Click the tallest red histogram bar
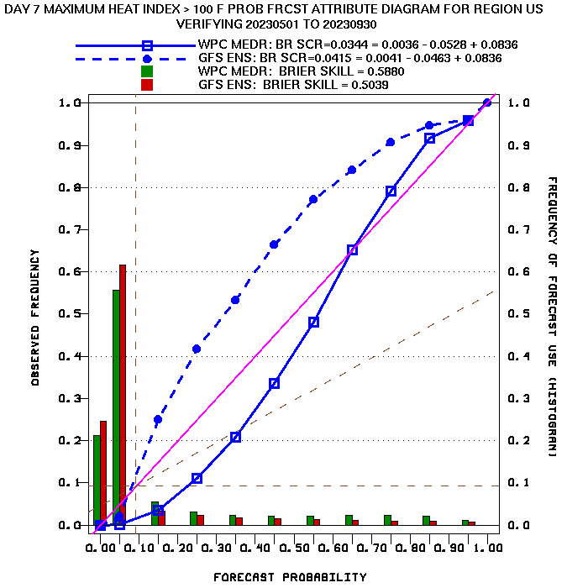click(123, 395)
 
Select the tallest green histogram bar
click(116, 408)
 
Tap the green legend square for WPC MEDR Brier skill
click(147, 71)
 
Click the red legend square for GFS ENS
click(147, 85)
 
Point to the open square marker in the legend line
click(147, 45)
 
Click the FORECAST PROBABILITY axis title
click(290, 577)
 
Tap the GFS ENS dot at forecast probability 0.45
click(274, 244)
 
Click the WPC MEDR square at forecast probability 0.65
click(352, 249)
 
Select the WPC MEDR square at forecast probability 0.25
click(197, 478)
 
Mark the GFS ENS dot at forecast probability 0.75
click(391, 142)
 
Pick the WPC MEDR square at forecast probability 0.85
click(430, 138)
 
